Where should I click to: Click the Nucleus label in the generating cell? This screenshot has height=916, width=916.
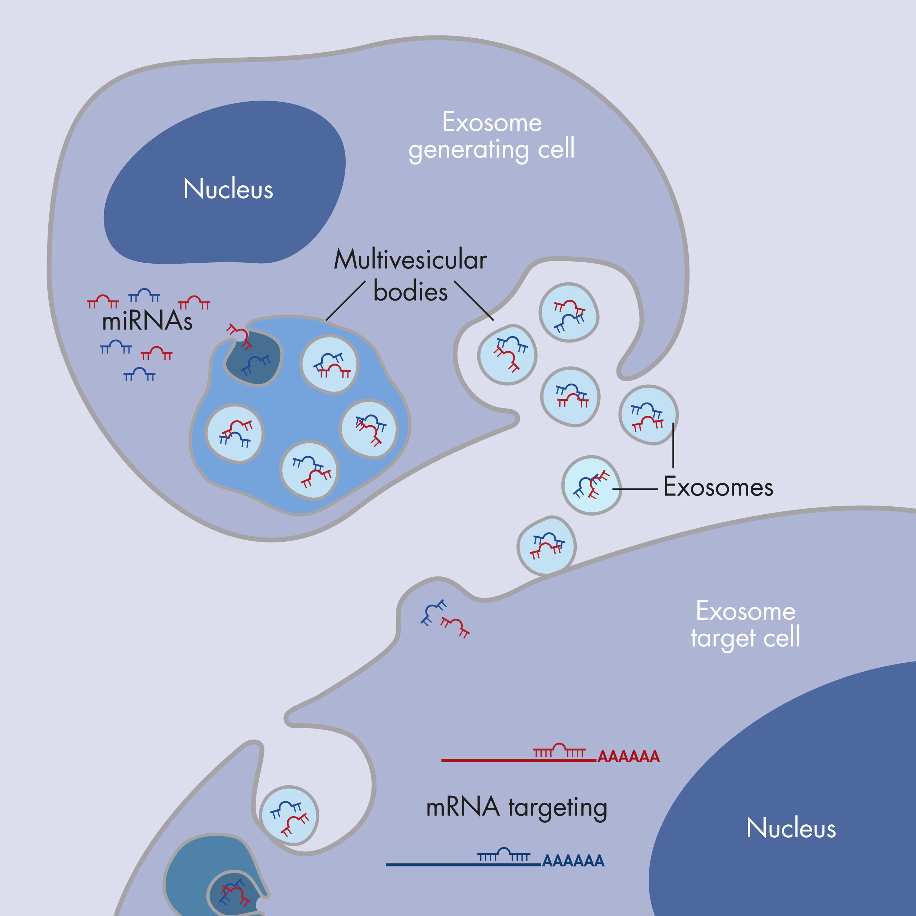pyautogui.click(x=228, y=189)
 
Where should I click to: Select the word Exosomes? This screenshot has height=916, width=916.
pyautogui.click(x=718, y=487)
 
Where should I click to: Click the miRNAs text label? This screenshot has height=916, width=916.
pyautogui.click(x=147, y=321)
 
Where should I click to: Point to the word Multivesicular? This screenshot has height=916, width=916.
pyautogui.click(x=410, y=260)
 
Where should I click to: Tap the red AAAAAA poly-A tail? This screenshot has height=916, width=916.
pyautogui.click(x=629, y=756)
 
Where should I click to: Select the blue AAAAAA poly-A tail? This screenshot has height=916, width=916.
pyautogui.click(x=573, y=861)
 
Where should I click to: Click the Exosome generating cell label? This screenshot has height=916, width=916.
pyautogui.click(x=492, y=136)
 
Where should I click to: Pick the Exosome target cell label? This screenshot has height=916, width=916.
pyautogui.click(x=745, y=624)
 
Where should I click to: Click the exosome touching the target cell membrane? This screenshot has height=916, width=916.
pyautogui.click(x=546, y=546)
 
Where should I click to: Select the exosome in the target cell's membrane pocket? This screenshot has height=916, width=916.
pyautogui.click(x=289, y=815)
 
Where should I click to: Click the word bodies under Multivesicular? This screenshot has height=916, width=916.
pyautogui.click(x=410, y=292)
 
